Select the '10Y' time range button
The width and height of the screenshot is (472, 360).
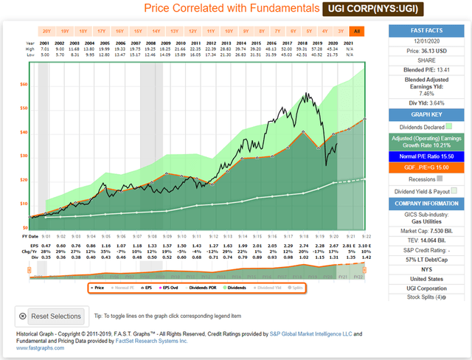click(x=229, y=31)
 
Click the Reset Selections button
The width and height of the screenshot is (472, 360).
click(x=51, y=316)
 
